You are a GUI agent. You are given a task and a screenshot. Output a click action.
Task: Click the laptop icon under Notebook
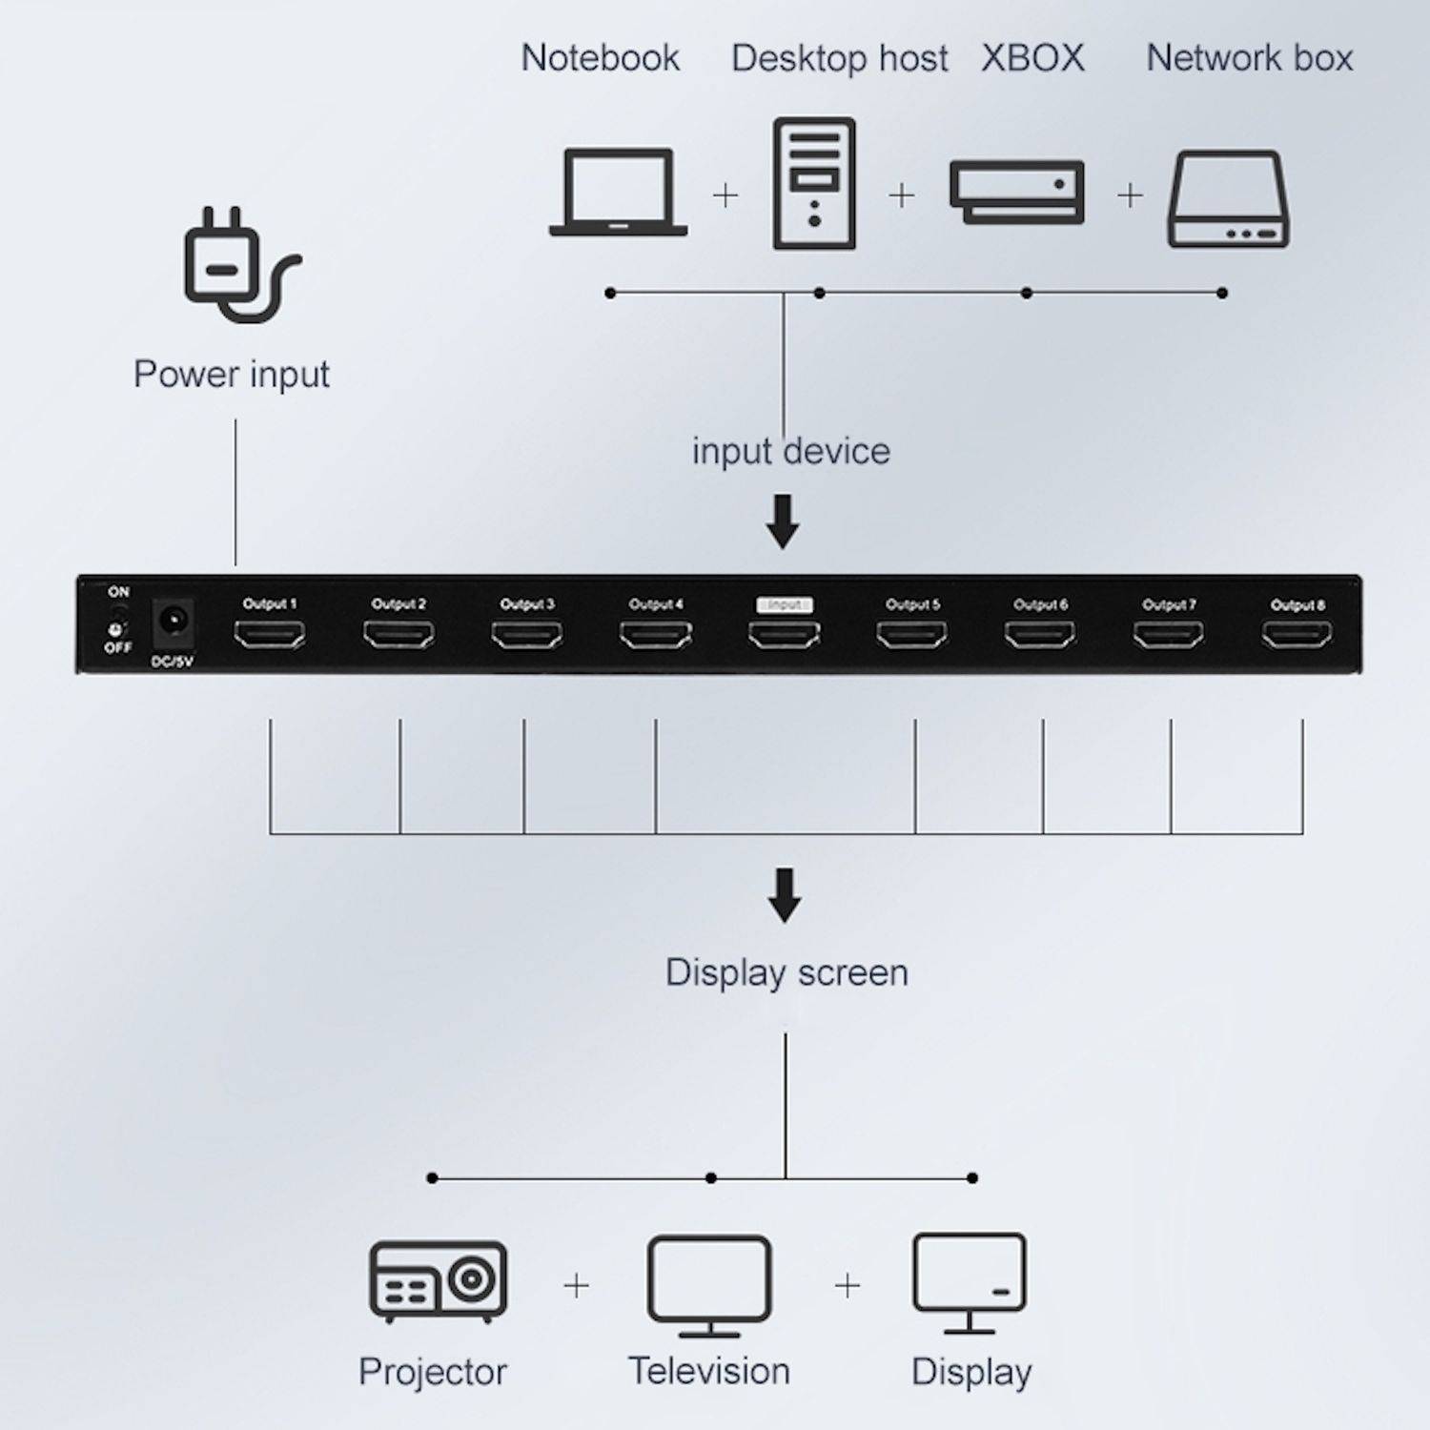[x=618, y=192]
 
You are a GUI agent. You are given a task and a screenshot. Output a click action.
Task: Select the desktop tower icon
[x=813, y=183]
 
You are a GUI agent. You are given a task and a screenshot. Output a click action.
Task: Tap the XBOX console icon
[x=1016, y=192]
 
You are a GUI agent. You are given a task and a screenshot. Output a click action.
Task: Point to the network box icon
[x=1228, y=199]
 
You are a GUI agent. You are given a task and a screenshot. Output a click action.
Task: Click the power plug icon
[x=238, y=264]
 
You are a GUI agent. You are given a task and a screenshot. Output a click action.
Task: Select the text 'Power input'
[x=231, y=375]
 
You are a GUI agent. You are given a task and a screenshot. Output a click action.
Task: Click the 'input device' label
[x=790, y=451]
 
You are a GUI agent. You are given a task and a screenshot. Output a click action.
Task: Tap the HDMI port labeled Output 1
[x=270, y=634]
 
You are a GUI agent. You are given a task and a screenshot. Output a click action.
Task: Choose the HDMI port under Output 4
[x=656, y=634]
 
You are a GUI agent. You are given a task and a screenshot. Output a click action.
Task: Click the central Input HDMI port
[x=784, y=634]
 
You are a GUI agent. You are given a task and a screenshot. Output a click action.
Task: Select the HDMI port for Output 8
[x=1297, y=634]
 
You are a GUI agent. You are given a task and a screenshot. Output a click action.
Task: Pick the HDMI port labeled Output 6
[x=1040, y=634]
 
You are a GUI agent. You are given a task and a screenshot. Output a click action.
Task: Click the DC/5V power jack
[x=174, y=622]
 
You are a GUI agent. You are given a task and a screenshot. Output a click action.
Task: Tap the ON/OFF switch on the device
[x=117, y=621]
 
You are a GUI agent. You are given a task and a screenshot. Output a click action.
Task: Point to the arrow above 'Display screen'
[x=784, y=894]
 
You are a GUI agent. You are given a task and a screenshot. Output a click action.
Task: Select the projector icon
[x=438, y=1281]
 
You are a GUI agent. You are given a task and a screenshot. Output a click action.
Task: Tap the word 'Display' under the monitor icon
[x=970, y=1372]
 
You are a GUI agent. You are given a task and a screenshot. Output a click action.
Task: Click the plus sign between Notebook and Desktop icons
[x=725, y=195]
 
